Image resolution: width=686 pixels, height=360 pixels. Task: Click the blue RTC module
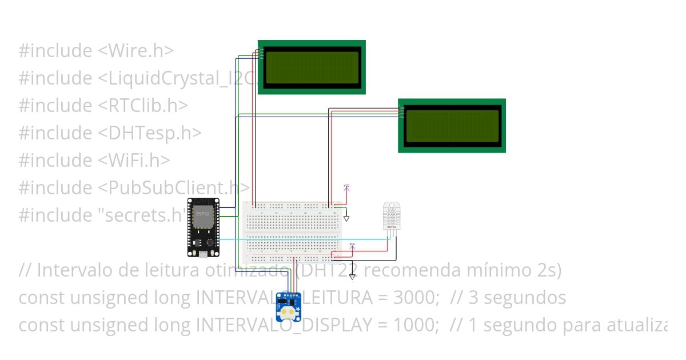pyautogui.click(x=289, y=303)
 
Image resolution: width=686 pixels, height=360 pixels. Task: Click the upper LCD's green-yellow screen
pyautogui.click(x=312, y=66)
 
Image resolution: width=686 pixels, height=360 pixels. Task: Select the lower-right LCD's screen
pyautogui.click(x=452, y=125)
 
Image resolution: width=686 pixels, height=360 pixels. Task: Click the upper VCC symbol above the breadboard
pyautogui.click(x=346, y=187)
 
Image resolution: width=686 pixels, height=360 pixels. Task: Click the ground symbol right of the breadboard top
pyautogui.click(x=346, y=218)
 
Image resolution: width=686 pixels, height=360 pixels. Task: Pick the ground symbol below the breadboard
pyautogui.click(x=352, y=277)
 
